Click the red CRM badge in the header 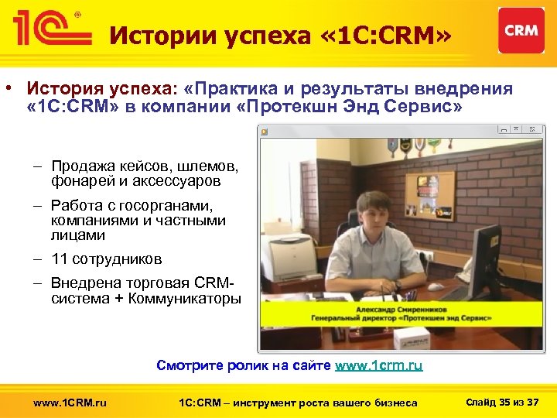point(521,30)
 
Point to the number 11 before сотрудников point(60,259)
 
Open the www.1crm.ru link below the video point(378,365)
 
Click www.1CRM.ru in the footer point(70,402)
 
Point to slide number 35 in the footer point(505,401)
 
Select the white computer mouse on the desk point(436,287)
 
